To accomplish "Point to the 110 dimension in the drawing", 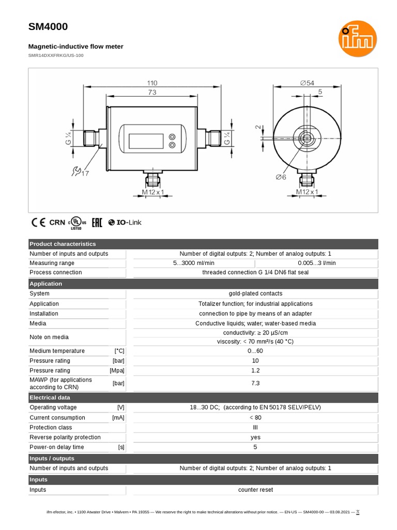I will tap(151, 83).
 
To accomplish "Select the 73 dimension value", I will tap(151, 92).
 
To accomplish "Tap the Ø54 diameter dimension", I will tap(307, 83).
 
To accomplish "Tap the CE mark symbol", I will tap(38, 223).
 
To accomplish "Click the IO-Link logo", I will tap(125, 223).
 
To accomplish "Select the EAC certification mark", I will tap(97, 223).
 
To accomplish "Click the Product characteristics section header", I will tap(63, 244).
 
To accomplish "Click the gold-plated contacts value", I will tap(255, 293).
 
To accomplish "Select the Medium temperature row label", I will tap(57, 351).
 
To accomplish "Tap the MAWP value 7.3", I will tap(255, 383).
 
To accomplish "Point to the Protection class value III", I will tap(255, 428).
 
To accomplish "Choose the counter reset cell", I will tap(255, 490).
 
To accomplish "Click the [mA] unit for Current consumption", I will tap(118, 418).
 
